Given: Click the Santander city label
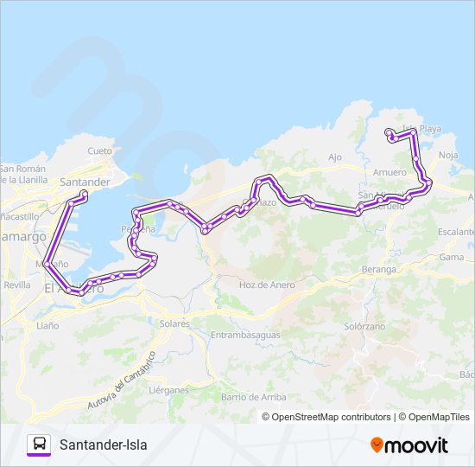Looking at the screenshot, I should coord(85,182).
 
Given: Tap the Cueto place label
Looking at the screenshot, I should coord(100,150).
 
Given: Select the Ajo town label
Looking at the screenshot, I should coord(336,157).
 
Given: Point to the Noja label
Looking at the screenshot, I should coord(448,155).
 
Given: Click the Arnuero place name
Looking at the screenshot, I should coord(390,172).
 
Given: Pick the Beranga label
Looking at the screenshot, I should coord(380,270).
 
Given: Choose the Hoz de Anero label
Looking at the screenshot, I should coord(267,285).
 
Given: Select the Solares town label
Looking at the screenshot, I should coord(174,323).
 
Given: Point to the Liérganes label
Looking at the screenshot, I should coord(168,390).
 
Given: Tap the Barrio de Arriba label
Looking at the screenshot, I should coord(254,395).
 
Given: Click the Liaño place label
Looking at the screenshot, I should coord(47,326).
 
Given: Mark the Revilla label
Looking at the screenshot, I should coord(16,284).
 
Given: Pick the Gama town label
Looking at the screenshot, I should coord(452,257).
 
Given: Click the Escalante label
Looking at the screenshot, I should coord(456,232).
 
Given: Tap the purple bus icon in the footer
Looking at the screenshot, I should coord(39,445).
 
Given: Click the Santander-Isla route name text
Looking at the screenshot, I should coord(104,445).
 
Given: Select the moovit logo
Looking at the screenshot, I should coord(409,445).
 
